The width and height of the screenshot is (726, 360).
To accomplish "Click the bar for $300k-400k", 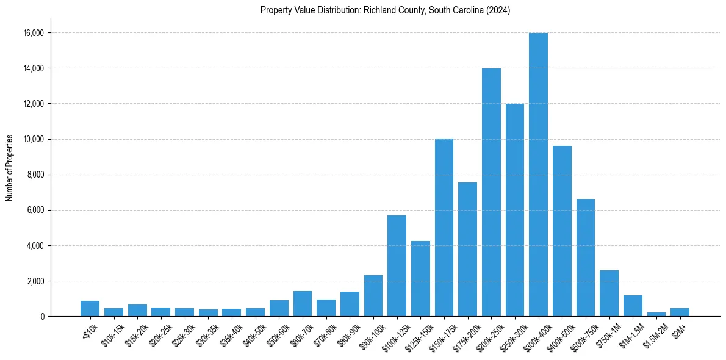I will pyautogui.click(x=538, y=175).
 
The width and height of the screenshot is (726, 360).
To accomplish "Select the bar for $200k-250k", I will pyautogui.click(x=491, y=192).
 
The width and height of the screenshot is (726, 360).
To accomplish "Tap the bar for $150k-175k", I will pyautogui.click(x=444, y=228).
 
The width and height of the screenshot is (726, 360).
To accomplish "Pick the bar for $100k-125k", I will pyautogui.click(x=397, y=266).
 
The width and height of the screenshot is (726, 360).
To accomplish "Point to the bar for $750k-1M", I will pyautogui.click(x=609, y=293).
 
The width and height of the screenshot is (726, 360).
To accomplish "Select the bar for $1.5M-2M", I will pyautogui.click(x=656, y=314).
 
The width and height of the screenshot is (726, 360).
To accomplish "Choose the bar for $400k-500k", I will pyautogui.click(x=562, y=231).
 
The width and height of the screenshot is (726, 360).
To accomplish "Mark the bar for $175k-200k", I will pyautogui.click(x=467, y=250).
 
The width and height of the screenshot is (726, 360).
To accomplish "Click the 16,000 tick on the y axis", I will pyautogui.click(x=33, y=33).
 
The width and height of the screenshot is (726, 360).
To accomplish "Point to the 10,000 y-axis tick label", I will pyautogui.click(x=33, y=139).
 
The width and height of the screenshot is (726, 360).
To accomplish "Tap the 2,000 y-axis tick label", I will pyautogui.click(x=35, y=281).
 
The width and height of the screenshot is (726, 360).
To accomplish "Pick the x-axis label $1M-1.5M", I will pyautogui.click(x=630, y=333).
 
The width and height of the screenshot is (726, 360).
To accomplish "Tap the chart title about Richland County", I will pyautogui.click(x=385, y=10).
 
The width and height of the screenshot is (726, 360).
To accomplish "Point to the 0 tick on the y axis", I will pyautogui.click(x=41, y=317).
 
